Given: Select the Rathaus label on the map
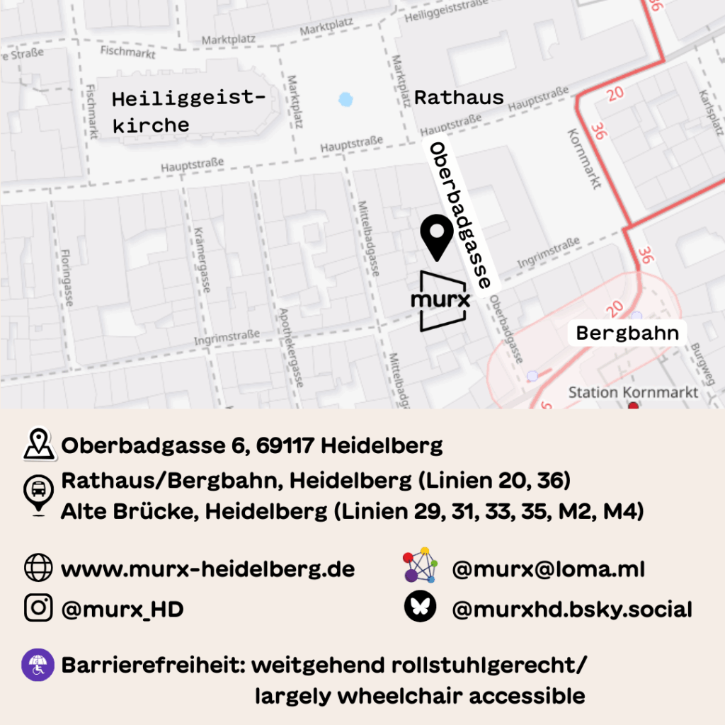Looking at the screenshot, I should pyautogui.click(x=459, y=98).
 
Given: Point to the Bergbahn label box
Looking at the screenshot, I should pyautogui.click(x=627, y=333).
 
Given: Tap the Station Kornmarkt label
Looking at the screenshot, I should pyautogui.click(x=633, y=392).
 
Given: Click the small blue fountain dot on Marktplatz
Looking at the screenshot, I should pyautogui.click(x=345, y=99).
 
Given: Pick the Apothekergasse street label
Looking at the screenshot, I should pyautogui.click(x=292, y=347).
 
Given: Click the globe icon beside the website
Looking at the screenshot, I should pyautogui.click(x=38, y=568).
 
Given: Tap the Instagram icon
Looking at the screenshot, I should pyautogui.click(x=38, y=607).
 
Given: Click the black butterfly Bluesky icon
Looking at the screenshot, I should pyautogui.click(x=420, y=607).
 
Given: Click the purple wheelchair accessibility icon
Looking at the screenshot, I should pyautogui.click(x=38, y=666).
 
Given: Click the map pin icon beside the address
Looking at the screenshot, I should pyautogui.click(x=39, y=444).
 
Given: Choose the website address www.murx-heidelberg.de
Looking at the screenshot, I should pyautogui.click(x=208, y=569).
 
